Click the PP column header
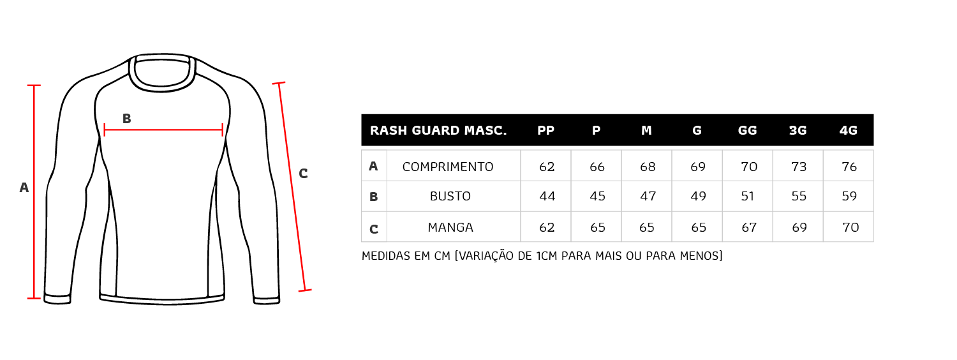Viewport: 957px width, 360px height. (x=545, y=130)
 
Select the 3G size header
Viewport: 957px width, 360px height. (x=797, y=130)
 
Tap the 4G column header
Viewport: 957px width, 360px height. (x=848, y=130)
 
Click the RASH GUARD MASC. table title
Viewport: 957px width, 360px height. (x=438, y=130)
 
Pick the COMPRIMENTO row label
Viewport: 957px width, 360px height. (x=448, y=167)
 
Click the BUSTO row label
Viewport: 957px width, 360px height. (x=450, y=196)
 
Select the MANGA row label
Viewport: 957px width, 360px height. (x=450, y=227)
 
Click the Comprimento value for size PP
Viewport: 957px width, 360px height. (x=547, y=167)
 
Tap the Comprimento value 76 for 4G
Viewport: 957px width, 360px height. (x=849, y=167)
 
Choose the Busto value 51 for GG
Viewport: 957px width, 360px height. (x=748, y=196)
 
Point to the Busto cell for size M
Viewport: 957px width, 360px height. (x=648, y=196)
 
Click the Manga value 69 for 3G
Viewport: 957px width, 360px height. (x=799, y=227)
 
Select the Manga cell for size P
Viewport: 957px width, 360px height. (x=597, y=227)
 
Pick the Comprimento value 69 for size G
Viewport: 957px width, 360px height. (x=698, y=167)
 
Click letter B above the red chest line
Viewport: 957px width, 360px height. (x=126, y=119)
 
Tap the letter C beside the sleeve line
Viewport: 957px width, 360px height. (x=303, y=173)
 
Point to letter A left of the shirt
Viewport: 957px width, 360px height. (x=24, y=187)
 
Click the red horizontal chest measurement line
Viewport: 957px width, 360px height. (x=163, y=130)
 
